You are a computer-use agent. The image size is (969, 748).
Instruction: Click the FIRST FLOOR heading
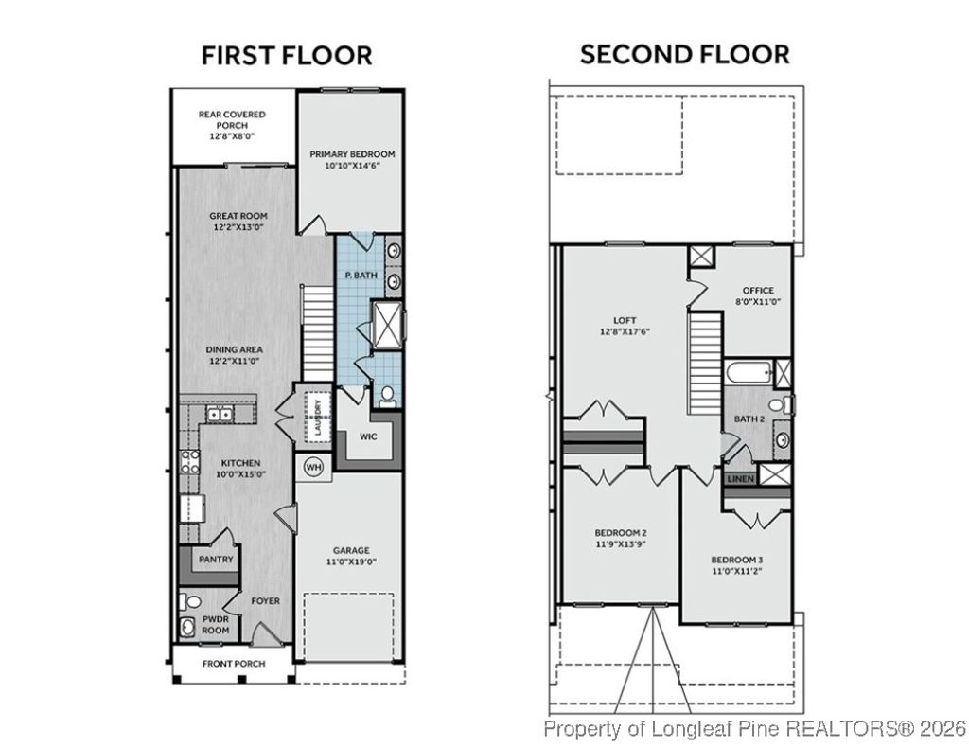287,55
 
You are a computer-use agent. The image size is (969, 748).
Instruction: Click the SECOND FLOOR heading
684,54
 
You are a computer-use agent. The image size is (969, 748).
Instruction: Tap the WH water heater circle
312,466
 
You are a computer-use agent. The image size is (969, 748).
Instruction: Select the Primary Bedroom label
352,153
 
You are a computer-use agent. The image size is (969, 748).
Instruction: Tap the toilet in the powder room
192,601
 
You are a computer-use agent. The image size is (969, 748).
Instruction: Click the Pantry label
216,560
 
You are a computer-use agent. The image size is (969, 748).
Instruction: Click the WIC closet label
368,437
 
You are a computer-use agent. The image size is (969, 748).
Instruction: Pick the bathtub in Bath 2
748,372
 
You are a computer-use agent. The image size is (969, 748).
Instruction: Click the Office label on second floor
758,291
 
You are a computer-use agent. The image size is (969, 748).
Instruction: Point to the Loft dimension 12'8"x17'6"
624,332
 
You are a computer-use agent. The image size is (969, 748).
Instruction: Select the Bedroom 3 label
737,560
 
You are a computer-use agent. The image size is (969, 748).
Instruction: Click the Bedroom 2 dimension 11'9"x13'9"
620,544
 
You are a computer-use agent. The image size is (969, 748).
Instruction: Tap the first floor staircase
319,331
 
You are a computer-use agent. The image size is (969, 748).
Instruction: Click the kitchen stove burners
190,461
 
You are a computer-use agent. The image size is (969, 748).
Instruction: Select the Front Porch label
234,664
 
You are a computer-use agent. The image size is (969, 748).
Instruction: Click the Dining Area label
234,349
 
